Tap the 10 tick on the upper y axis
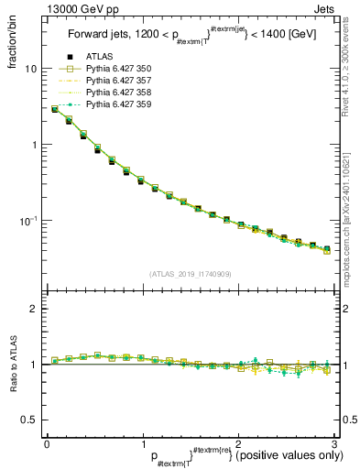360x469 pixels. point(30,69)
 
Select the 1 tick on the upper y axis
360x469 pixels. point(33,145)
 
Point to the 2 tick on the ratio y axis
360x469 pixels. point(33,310)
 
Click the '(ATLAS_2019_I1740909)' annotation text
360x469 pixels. point(191,273)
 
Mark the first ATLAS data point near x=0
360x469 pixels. point(55,110)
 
